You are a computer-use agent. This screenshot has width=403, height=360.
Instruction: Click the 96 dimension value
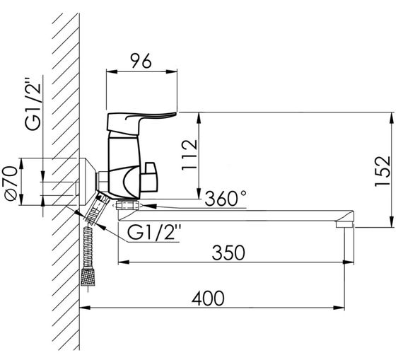point(141,61)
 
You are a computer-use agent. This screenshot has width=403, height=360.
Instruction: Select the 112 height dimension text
point(189,155)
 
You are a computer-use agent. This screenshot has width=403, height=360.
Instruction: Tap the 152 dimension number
point(382,171)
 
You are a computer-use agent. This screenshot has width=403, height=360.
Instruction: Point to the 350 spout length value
point(228,252)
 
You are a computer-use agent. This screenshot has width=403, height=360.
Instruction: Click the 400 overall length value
point(208,298)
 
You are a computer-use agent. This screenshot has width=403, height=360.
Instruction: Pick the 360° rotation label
point(226,198)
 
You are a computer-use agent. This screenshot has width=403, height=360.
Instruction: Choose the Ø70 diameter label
point(11,183)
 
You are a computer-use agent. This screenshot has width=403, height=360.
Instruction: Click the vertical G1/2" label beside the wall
point(33,103)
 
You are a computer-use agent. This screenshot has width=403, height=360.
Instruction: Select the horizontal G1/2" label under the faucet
point(154,232)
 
